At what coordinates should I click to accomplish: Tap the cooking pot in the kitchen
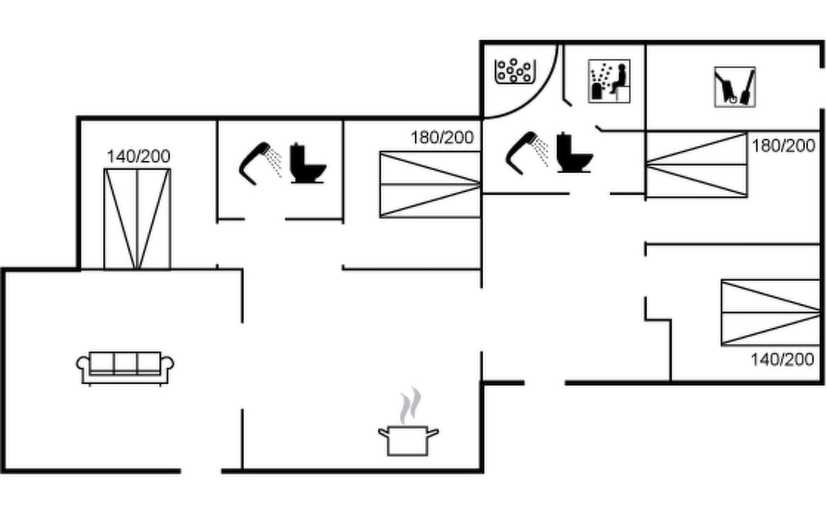tap(407, 440)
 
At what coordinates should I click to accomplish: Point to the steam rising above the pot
tap(410, 405)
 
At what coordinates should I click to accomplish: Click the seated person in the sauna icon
tap(620, 80)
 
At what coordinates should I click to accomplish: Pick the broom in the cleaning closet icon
tap(747, 88)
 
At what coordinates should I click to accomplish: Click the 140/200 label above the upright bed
tap(138, 156)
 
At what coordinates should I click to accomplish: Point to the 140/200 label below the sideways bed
tap(782, 359)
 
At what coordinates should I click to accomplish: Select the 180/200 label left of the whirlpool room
tap(442, 138)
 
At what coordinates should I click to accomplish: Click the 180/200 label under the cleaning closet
tap(783, 146)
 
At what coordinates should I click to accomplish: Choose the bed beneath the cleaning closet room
tap(696, 165)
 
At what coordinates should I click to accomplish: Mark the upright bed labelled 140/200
tap(137, 219)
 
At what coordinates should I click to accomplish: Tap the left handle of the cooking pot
tap(383, 432)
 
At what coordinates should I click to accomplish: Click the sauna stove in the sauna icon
tap(598, 91)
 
